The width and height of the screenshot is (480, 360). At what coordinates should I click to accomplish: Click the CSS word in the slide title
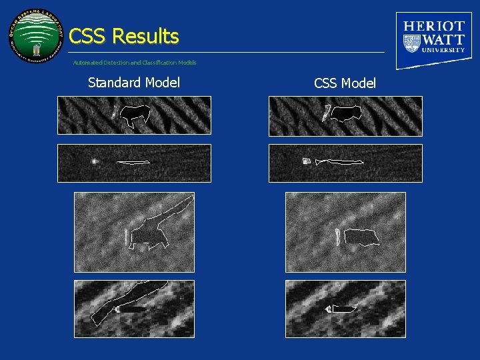(x=89, y=36)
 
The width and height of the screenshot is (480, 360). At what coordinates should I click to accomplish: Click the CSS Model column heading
(x=345, y=83)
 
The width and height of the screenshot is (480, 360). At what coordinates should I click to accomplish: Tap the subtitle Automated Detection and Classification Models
(x=135, y=63)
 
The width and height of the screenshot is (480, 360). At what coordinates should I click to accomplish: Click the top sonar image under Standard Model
(x=134, y=115)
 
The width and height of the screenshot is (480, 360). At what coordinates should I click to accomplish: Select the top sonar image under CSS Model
(x=345, y=116)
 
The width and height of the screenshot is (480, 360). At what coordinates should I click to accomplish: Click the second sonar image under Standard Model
(x=134, y=163)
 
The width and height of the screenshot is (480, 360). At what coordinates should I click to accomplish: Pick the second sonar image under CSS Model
(x=345, y=163)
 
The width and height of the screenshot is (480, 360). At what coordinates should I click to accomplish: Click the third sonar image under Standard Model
(x=134, y=232)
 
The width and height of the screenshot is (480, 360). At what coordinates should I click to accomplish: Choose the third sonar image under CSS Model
(x=345, y=232)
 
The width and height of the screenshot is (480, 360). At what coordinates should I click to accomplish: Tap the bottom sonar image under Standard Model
(x=134, y=309)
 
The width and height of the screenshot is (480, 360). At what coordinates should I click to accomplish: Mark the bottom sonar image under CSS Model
(x=345, y=309)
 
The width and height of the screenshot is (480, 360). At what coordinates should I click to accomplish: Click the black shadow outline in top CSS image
(x=347, y=113)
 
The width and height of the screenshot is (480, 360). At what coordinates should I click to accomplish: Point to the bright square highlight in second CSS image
(x=307, y=161)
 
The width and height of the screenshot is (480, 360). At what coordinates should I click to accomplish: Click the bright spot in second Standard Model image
(x=95, y=161)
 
